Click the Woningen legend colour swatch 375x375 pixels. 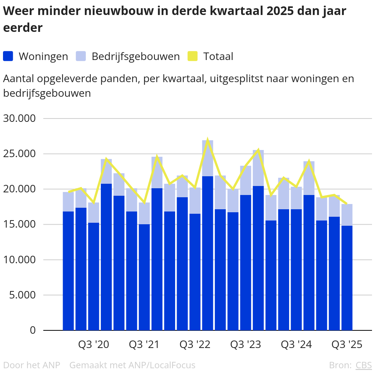8,56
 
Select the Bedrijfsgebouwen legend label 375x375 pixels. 136,56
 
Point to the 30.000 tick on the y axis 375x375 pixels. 24,118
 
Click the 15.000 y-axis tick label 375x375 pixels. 24,225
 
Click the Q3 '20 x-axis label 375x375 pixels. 93,345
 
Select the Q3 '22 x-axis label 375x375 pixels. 195,345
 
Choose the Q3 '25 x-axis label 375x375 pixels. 347,345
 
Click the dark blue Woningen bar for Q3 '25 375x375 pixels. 347,277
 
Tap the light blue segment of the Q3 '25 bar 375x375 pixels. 347,215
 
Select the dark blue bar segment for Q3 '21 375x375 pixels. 144,277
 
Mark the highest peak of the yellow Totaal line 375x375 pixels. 207,140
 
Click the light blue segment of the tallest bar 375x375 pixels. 207,158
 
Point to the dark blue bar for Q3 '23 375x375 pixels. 246,262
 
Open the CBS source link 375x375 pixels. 363,365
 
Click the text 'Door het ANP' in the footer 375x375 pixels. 31,365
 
